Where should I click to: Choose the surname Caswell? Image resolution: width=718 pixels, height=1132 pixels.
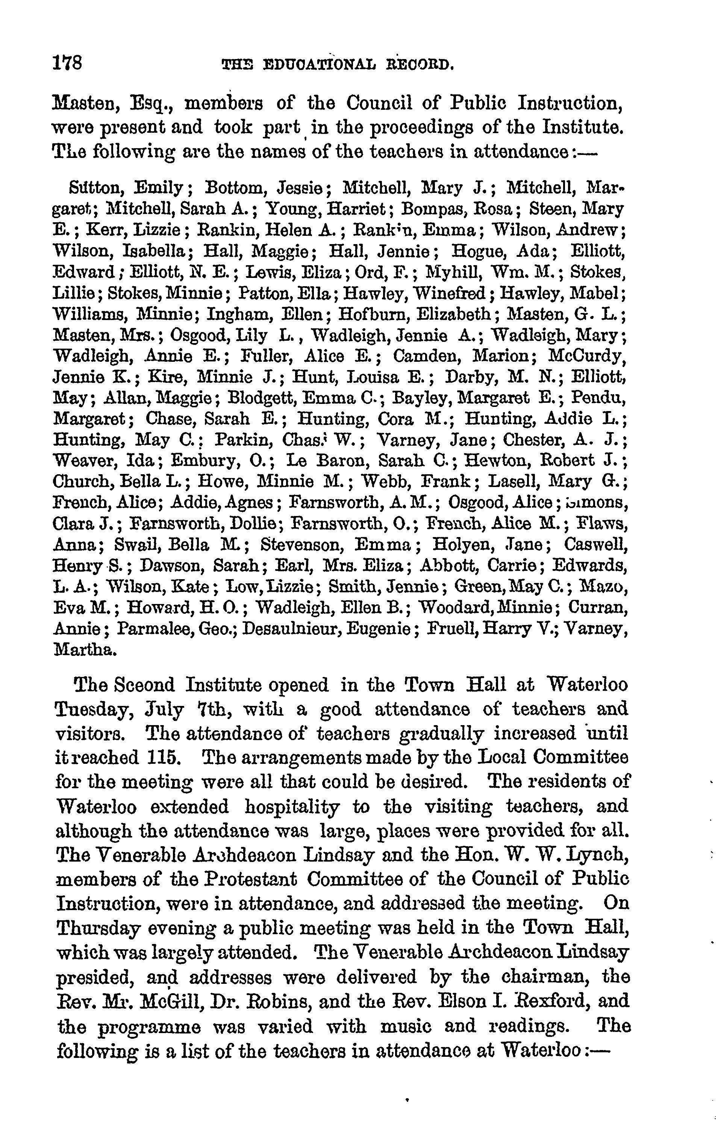click(x=596, y=545)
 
